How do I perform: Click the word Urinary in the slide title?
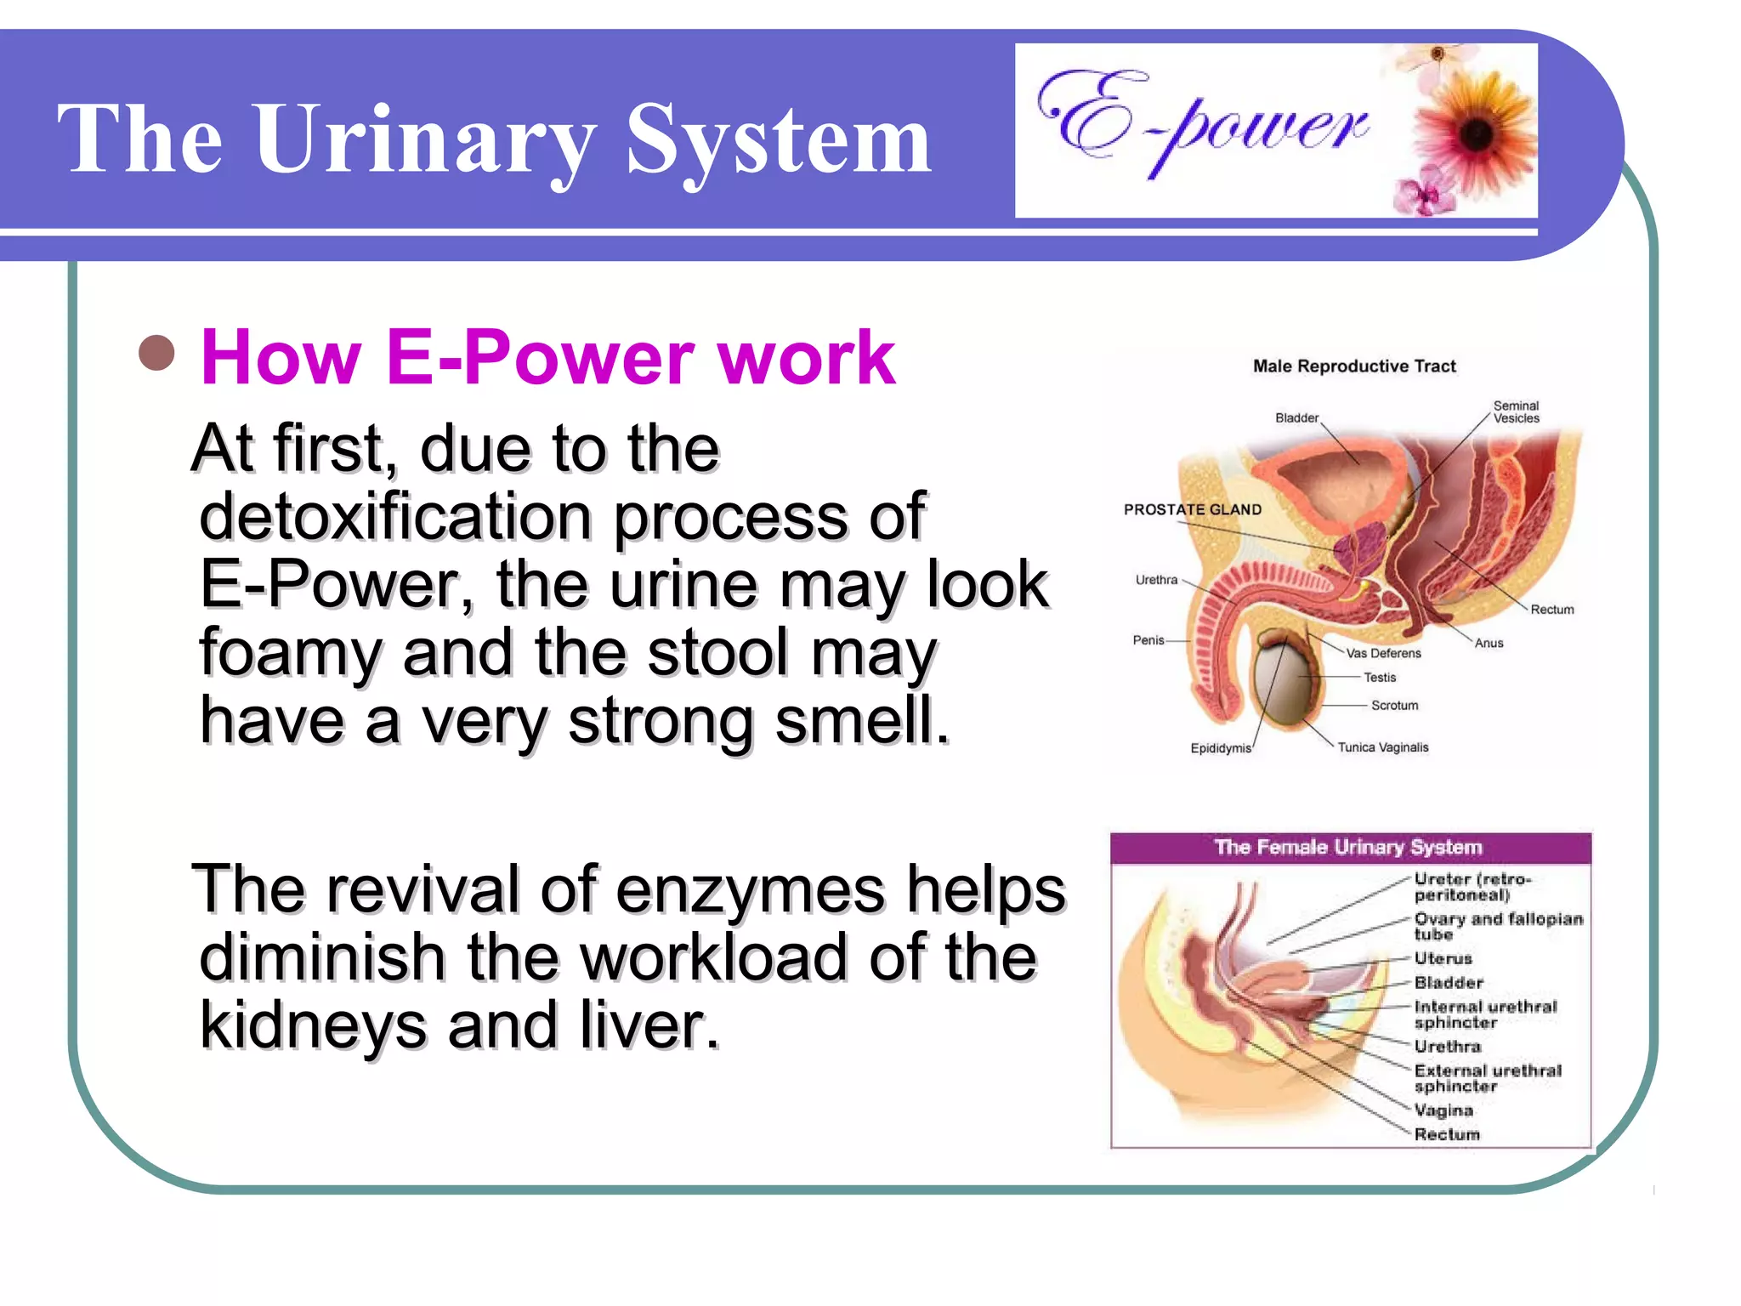[x=425, y=139]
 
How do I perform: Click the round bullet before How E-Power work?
[x=156, y=354]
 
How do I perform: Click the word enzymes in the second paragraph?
[x=750, y=889]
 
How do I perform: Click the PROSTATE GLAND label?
[x=1192, y=509]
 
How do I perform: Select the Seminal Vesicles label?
[x=1516, y=412]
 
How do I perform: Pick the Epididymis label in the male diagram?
[x=1220, y=748]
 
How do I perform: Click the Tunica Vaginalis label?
[x=1383, y=747]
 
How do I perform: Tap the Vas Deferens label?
[x=1383, y=653]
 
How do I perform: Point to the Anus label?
[x=1489, y=643]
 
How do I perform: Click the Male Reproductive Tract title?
[x=1354, y=366]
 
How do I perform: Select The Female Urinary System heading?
[x=1348, y=847]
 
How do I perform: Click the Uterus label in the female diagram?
[x=1443, y=958]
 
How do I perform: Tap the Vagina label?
[x=1443, y=1110]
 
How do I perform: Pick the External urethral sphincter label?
[x=1487, y=1078]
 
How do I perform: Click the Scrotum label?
[x=1394, y=705]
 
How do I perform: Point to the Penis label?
[x=1148, y=640]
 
